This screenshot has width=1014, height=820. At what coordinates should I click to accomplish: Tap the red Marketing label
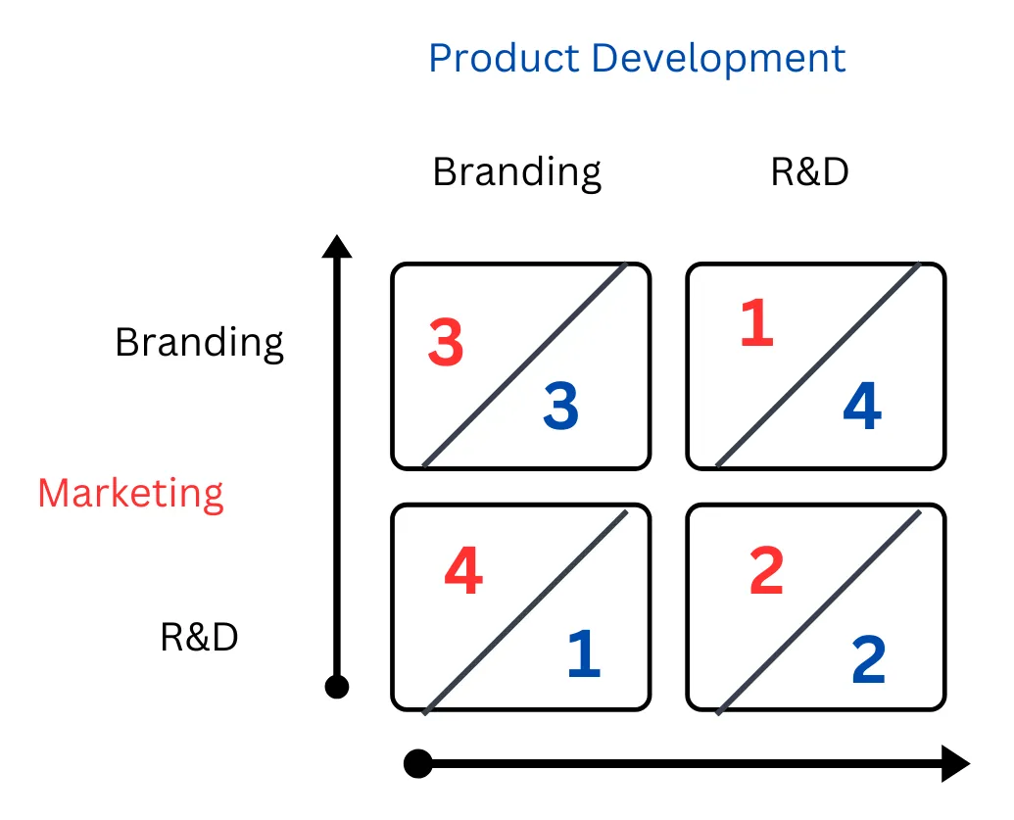(x=130, y=494)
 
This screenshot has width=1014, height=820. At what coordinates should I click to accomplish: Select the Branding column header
(x=516, y=172)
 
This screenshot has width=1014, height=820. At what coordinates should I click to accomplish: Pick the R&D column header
(x=809, y=172)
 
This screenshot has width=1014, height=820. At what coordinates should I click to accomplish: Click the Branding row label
(x=199, y=343)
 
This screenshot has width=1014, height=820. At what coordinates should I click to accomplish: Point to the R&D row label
(x=199, y=637)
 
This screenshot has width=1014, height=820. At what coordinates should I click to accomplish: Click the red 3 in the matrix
(x=446, y=342)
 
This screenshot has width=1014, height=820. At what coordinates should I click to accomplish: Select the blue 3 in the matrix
(x=560, y=406)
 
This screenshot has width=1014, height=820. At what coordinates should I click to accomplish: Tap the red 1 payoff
(x=756, y=322)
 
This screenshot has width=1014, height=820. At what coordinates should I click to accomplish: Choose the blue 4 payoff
(x=863, y=406)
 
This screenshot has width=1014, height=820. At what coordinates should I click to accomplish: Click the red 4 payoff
(x=463, y=570)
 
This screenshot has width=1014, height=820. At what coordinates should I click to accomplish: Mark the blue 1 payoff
(x=584, y=653)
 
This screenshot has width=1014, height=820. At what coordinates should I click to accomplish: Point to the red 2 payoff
(x=766, y=570)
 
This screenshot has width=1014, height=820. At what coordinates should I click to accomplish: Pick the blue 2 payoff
(x=868, y=659)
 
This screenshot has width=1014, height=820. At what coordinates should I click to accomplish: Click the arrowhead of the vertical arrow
(x=337, y=246)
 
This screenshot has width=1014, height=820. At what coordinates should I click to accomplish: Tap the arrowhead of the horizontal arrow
(x=956, y=764)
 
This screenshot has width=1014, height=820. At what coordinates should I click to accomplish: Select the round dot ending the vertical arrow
(x=337, y=687)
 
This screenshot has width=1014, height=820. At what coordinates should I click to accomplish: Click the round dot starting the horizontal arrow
(x=418, y=764)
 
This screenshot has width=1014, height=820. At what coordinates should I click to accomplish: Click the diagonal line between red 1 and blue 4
(x=818, y=364)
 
